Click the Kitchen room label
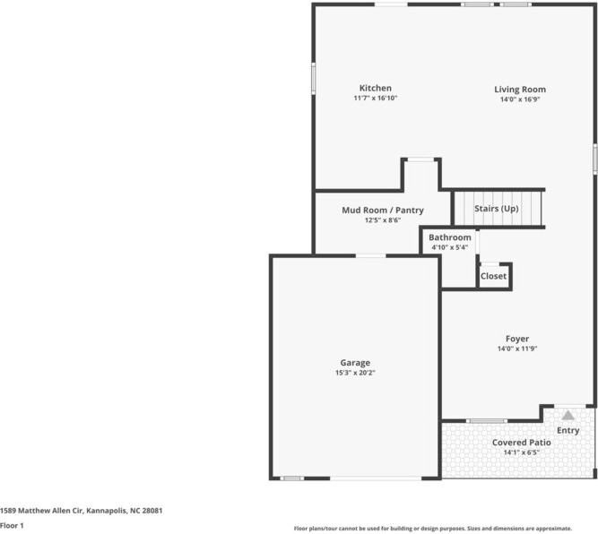(376, 88)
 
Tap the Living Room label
(520, 90)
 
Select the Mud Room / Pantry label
(383, 210)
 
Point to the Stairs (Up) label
(496, 209)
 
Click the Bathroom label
(450, 237)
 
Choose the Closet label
(493, 276)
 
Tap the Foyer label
(517, 339)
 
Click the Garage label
(355, 363)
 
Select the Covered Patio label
(521, 443)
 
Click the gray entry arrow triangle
(568, 416)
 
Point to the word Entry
(568, 430)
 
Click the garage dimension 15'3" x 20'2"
(355, 373)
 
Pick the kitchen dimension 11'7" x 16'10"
(376, 98)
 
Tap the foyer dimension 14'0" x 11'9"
(517, 349)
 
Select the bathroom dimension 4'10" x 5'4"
(450, 247)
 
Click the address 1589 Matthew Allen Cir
(41, 511)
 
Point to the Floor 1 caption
(12, 526)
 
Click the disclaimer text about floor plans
(433, 529)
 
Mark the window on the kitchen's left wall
(314, 78)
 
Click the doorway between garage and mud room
(370, 255)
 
